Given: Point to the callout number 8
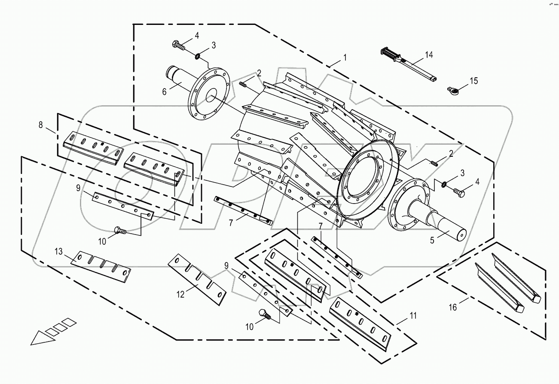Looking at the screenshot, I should pyautogui.click(x=41, y=125).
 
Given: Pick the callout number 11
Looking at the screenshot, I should pyautogui.click(x=412, y=316).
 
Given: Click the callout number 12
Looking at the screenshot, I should pyautogui.click(x=180, y=294).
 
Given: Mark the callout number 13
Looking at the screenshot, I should pyautogui.click(x=58, y=251).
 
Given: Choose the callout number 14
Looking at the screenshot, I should pyautogui.click(x=429, y=55).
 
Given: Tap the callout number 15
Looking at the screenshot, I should pyautogui.click(x=473, y=81).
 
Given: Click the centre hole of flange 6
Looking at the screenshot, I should pyautogui.click(x=211, y=98).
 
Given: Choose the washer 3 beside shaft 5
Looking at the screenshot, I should pyautogui.click(x=443, y=185).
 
